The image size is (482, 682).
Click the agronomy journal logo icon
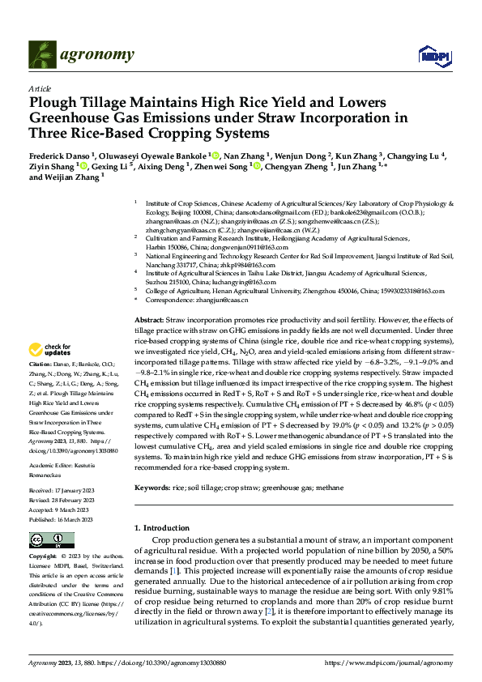point(41,54)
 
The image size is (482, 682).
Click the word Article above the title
point(39,88)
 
